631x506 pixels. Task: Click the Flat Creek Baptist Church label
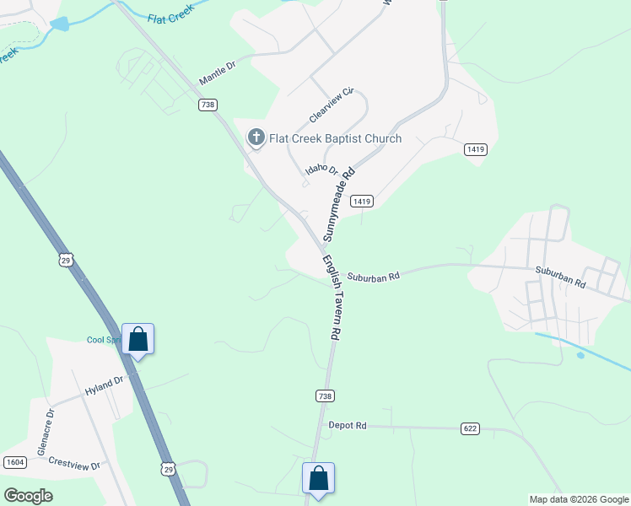click(x=336, y=138)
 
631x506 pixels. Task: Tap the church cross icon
click(x=256, y=137)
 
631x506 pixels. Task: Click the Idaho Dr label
click(x=321, y=172)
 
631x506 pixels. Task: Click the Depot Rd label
click(x=348, y=426)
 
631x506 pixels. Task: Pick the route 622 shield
click(x=471, y=428)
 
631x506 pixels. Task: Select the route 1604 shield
click(x=14, y=462)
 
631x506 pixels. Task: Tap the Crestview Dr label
click(x=74, y=465)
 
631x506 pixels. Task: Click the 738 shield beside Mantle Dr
click(x=208, y=105)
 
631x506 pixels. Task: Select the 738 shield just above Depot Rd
click(x=325, y=396)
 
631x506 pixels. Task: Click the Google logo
click(x=29, y=495)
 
